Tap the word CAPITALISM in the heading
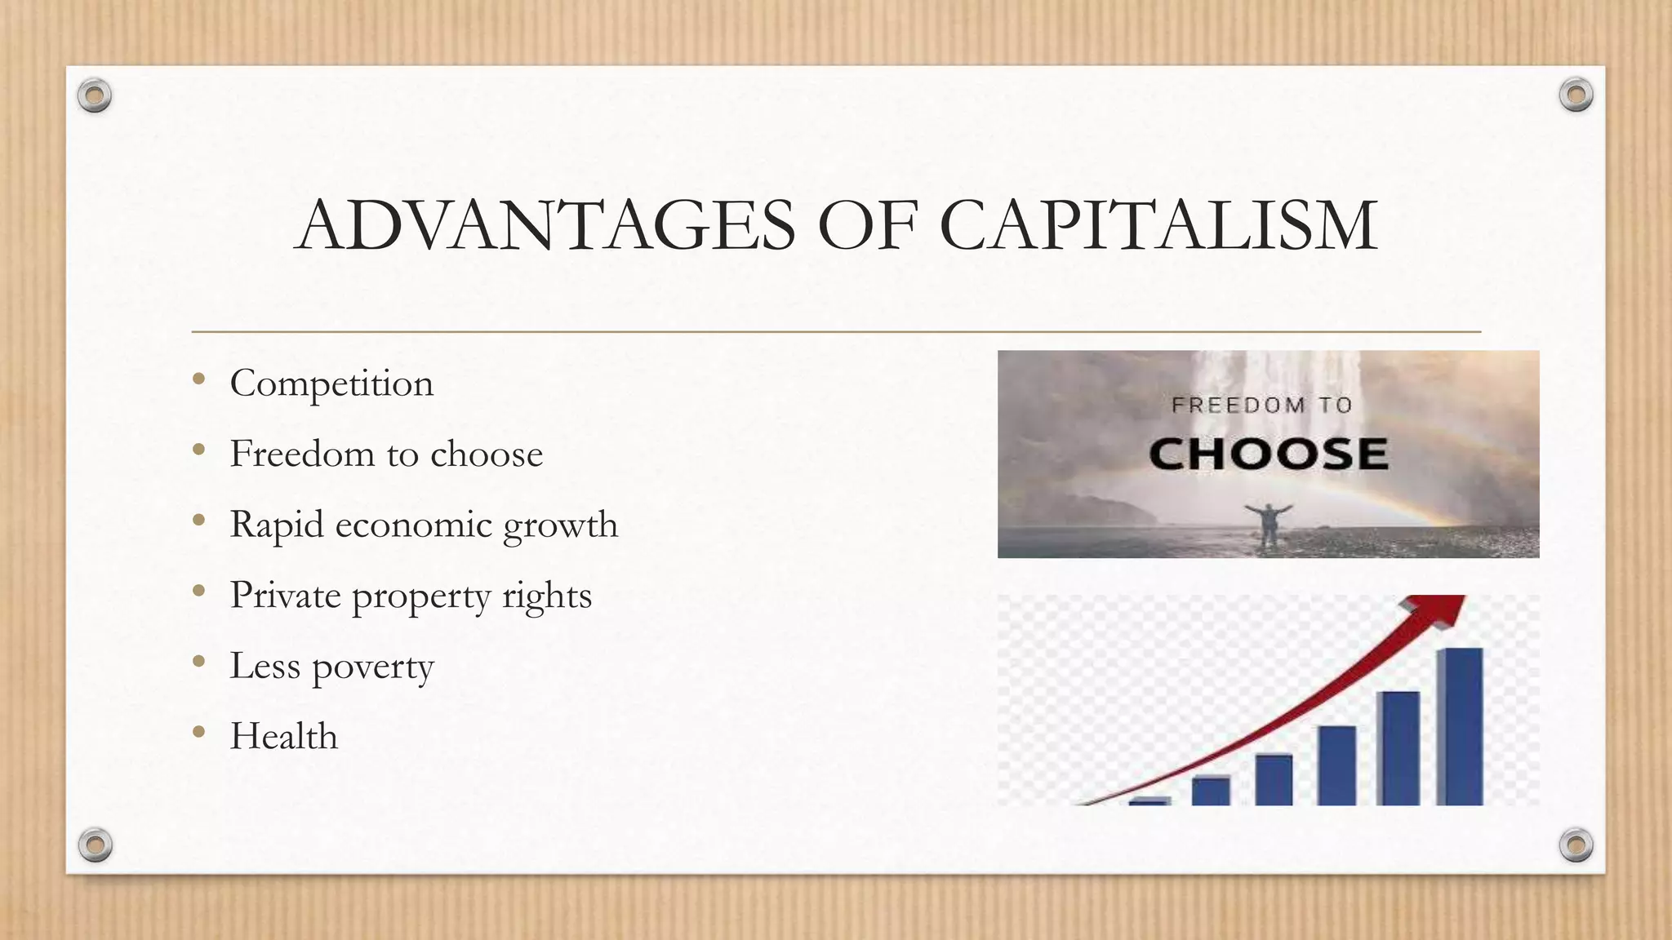1158,225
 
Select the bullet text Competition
331,384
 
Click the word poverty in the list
373,667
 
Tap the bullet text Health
283,736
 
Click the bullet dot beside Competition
198,379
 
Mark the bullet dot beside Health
198,732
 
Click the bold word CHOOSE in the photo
1268,454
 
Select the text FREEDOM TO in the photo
1262,405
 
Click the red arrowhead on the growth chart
1437,610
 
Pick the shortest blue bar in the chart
1149,800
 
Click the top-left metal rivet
95,96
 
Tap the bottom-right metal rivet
1576,845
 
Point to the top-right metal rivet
1576,95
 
